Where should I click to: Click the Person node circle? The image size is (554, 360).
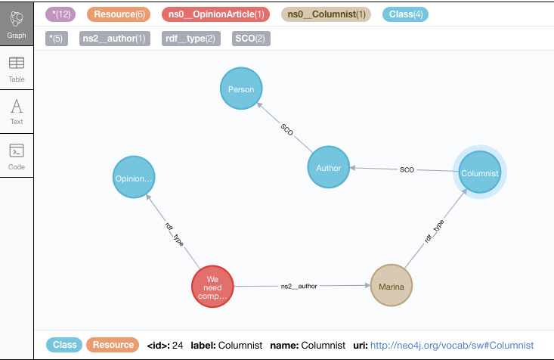240,89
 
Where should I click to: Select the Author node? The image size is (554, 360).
328,168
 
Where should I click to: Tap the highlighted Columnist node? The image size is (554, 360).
480,173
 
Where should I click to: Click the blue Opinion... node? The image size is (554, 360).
134,178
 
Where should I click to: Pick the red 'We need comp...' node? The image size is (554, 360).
212,287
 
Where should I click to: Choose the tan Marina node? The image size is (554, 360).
393,287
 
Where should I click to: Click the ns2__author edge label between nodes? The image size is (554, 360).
299,287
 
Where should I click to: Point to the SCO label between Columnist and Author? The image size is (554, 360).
407,170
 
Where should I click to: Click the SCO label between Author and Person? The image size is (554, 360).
287,130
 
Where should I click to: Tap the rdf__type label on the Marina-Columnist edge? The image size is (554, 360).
434,231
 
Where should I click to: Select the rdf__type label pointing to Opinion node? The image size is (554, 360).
174,233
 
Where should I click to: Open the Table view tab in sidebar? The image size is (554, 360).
16,69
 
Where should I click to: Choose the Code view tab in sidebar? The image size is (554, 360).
16,156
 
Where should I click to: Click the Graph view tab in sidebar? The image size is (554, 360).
16,24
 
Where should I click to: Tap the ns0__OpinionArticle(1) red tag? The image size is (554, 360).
215,14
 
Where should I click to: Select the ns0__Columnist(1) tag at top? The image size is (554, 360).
326,14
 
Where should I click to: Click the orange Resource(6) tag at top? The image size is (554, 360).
119,14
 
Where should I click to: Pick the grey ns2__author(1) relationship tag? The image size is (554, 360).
113,38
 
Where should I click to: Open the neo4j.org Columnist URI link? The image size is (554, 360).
452,345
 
